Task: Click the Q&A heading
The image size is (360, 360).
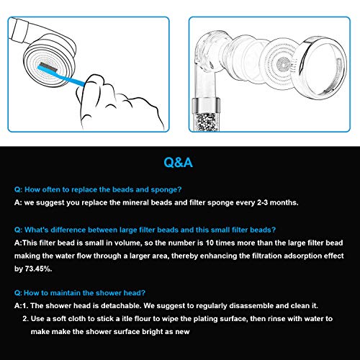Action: [x=178, y=162]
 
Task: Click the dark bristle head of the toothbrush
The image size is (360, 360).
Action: [x=48, y=67]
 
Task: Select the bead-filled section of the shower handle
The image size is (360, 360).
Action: [x=205, y=122]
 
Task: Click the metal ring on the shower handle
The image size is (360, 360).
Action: [x=206, y=105]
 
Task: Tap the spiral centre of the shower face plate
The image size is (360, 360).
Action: [x=284, y=64]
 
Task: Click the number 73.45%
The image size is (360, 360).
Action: [x=38, y=269]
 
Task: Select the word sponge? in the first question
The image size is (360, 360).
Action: [x=166, y=190]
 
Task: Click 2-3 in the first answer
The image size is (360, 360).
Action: [x=262, y=202]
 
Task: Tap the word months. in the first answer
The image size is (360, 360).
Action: [x=284, y=203]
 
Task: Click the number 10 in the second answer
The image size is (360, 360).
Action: [x=210, y=243]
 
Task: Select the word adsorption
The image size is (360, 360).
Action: [x=303, y=256]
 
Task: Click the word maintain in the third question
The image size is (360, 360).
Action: [x=66, y=293]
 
